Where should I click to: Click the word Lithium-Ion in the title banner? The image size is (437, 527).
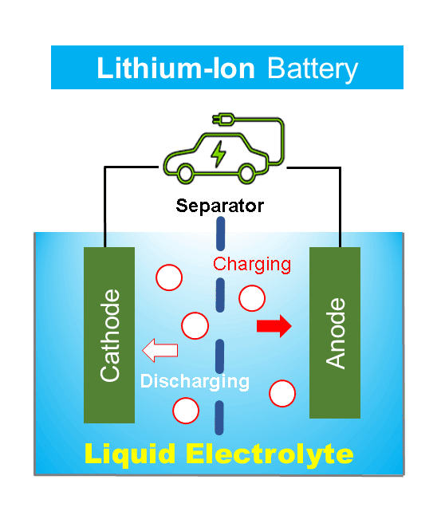[175, 69]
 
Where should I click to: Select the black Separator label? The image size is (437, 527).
[220, 206]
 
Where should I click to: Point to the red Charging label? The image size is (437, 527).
[252, 265]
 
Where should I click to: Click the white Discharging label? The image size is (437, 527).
[195, 382]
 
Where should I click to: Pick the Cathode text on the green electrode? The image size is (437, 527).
[110, 336]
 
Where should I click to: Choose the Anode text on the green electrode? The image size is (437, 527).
[336, 333]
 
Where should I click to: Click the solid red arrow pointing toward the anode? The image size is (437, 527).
[274, 326]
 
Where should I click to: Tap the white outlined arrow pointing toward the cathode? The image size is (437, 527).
[160, 350]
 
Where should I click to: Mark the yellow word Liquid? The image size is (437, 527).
[130, 454]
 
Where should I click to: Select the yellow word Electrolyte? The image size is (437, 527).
[270, 454]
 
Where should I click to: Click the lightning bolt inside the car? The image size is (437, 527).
[218, 154]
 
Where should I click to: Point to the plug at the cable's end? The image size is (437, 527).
[222, 120]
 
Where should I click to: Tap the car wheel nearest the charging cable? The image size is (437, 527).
[246, 173]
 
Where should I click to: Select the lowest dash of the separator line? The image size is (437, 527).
[219, 418]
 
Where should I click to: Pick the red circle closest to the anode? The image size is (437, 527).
[282, 393]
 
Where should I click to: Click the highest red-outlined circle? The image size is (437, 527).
[169, 277]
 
